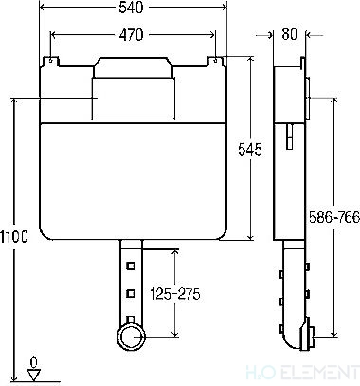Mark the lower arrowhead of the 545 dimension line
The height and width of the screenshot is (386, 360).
pos(249,237)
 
